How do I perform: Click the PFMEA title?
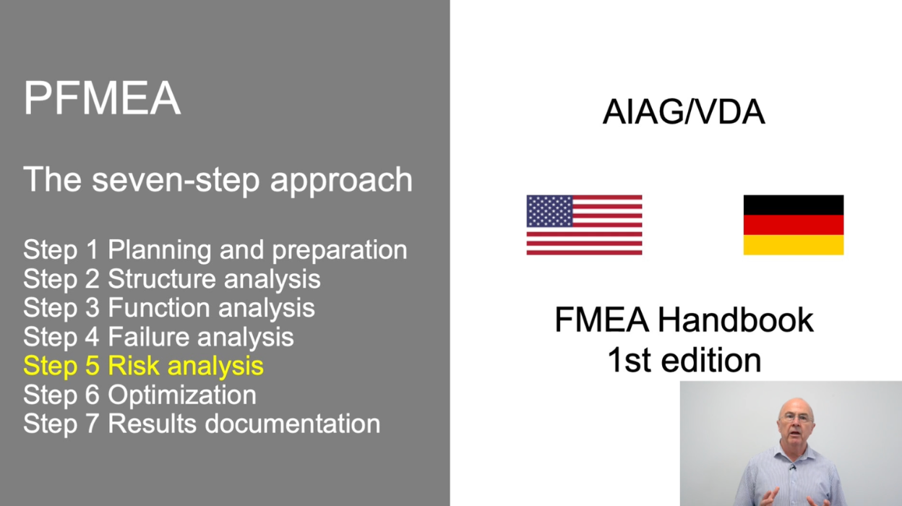pyautogui.click(x=102, y=98)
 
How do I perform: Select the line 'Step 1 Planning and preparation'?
pyautogui.click(x=215, y=250)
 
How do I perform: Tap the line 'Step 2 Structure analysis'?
pyautogui.click(x=172, y=279)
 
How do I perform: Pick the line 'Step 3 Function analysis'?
pyautogui.click(x=169, y=308)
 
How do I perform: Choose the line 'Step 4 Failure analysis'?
pyautogui.click(x=159, y=337)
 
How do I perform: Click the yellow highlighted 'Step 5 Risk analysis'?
pyautogui.click(x=143, y=366)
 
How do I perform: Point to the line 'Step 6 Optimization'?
pyautogui.click(x=139, y=395)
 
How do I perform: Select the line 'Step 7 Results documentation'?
pyautogui.click(x=202, y=424)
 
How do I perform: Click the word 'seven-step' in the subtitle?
pyautogui.click(x=176, y=179)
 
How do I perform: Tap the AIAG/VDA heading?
pyautogui.click(x=684, y=113)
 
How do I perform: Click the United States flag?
pyautogui.click(x=584, y=225)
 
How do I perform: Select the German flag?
pyautogui.click(x=793, y=225)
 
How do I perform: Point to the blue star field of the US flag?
pyautogui.click(x=550, y=211)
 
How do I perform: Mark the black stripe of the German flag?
pyautogui.click(x=793, y=205)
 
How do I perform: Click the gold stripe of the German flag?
pyautogui.click(x=793, y=245)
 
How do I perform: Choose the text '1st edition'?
pyautogui.click(x=684, y=359)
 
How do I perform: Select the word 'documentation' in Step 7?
pyautogui.click(x=293, y=424)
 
